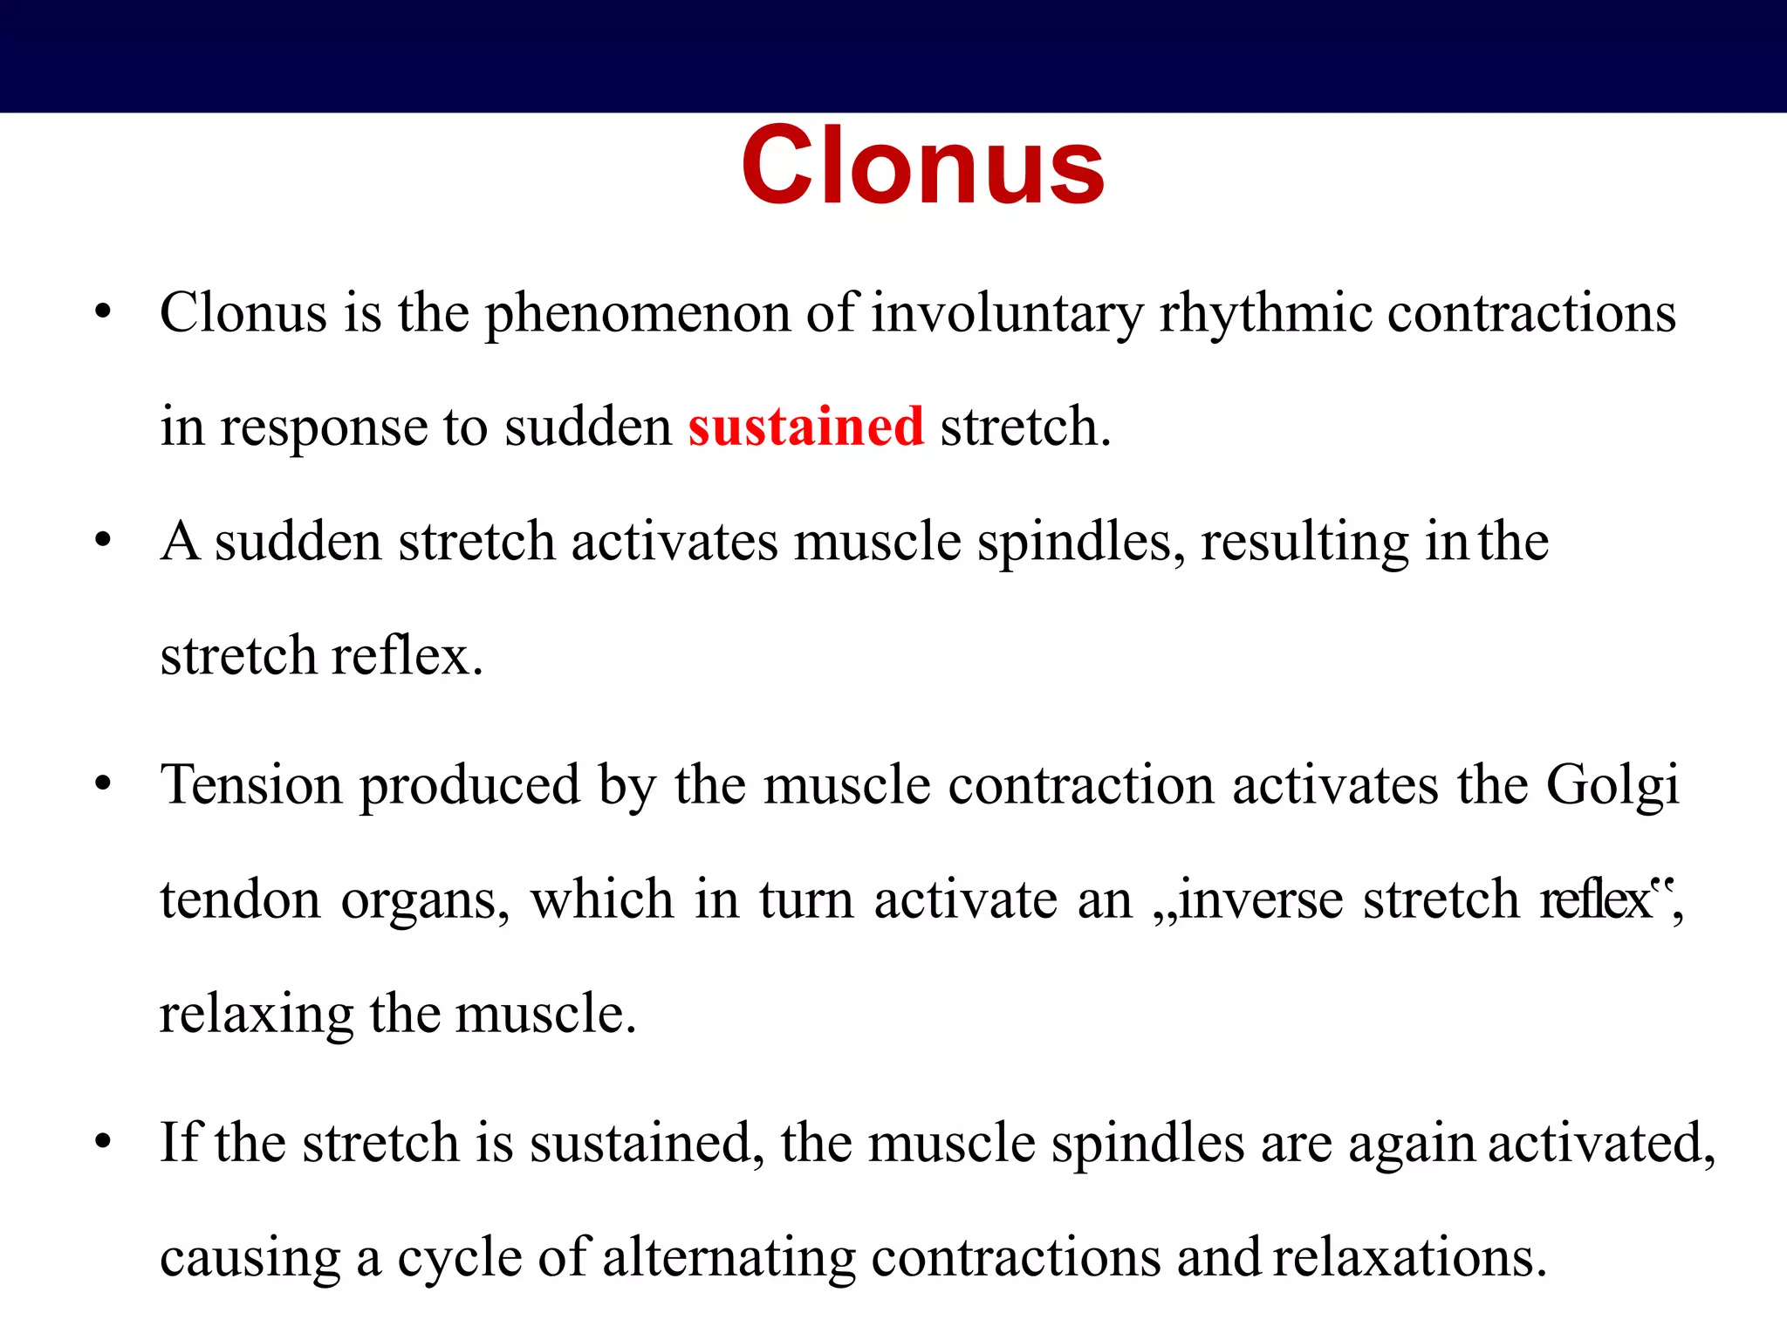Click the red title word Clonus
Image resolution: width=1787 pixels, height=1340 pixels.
(922, 166)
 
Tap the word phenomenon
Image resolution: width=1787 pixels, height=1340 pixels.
(637, 314)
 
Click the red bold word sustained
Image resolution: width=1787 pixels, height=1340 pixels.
(805, 427)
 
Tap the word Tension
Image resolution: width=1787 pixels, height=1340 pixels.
(251, 784)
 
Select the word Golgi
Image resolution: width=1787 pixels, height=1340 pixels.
(1612, 786)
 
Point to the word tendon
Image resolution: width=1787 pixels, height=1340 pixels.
(241, 899)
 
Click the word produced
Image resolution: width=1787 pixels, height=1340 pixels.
(469, 786)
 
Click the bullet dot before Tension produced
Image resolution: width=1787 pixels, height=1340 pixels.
(103, 784)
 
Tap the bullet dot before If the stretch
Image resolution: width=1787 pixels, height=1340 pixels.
(103, 1142)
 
